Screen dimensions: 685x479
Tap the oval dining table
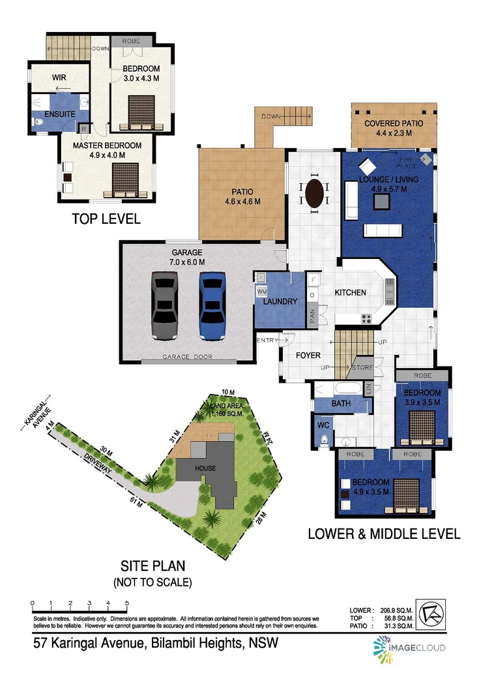pyautogui.click(x=313, y=194)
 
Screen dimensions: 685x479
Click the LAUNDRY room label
pyautogui.click(x=280, y=302)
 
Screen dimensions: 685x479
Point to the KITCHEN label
pyautogui.click(x=351, y=293)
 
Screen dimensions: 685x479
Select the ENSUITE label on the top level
pyautogui.click(x=60, y=114)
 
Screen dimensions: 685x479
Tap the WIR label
pyautogui.click(x=59, y=78)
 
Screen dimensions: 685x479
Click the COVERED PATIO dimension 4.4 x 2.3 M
pyautogui.click(x=393, y=134)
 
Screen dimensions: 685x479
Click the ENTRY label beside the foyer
pyautogui.click(x=267, y=340)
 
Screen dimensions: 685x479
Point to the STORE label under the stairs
pyautogui.click(x=362, y=368)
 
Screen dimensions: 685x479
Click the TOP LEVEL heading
pyautogui.click(x=106, y=219)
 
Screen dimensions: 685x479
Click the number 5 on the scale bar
pyautogui.click(x=127, y=603)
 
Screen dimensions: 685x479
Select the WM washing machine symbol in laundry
pyautogui.click(x=262, y=290)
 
